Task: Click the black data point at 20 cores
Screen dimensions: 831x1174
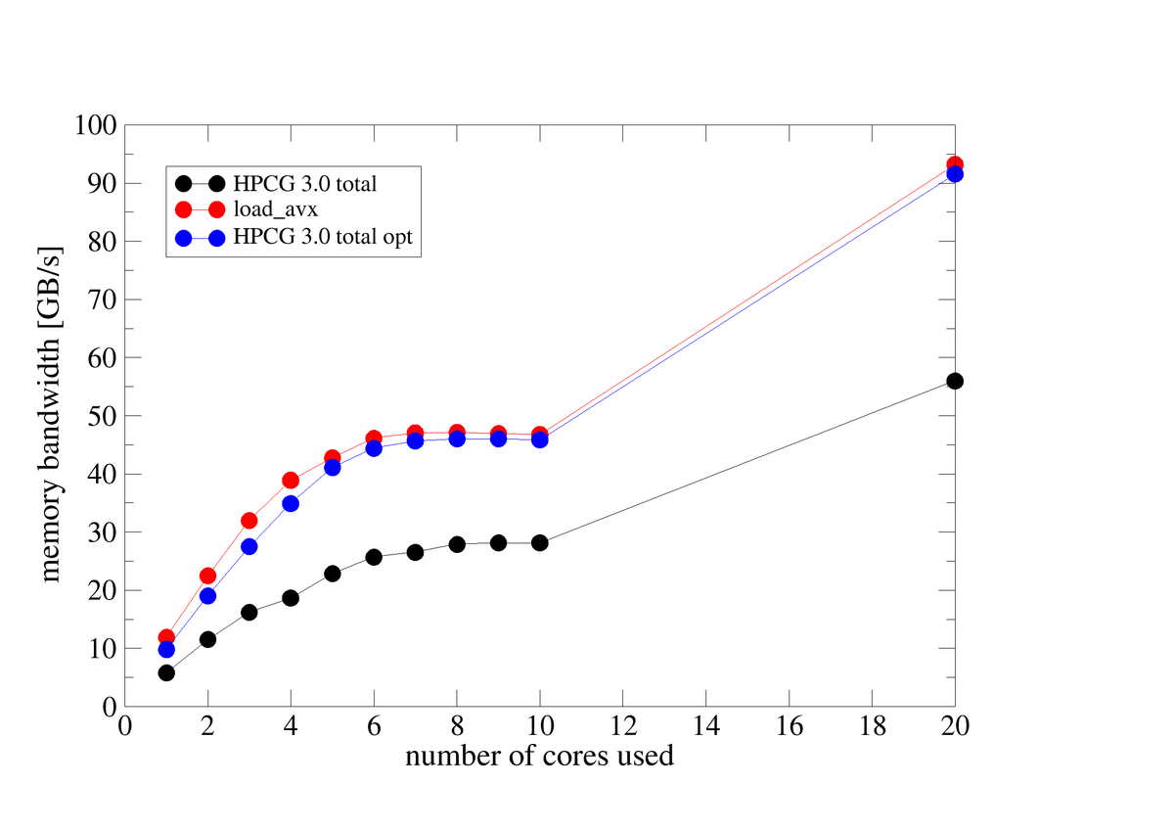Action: [955, 381]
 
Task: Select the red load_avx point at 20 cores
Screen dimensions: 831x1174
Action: [955, 164]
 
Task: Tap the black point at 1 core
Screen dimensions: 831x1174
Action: [166, 672]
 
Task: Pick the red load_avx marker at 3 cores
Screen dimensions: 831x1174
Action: [249, 521]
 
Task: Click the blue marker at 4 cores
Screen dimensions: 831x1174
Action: [291, 503]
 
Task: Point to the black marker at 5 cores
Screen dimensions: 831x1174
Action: [333, 574]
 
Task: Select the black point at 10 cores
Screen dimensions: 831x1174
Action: [540, 542]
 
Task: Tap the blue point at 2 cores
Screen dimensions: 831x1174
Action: [207, 595]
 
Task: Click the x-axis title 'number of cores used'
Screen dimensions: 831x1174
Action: [539, 757]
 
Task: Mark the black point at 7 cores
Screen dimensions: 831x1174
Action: [415, 552]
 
